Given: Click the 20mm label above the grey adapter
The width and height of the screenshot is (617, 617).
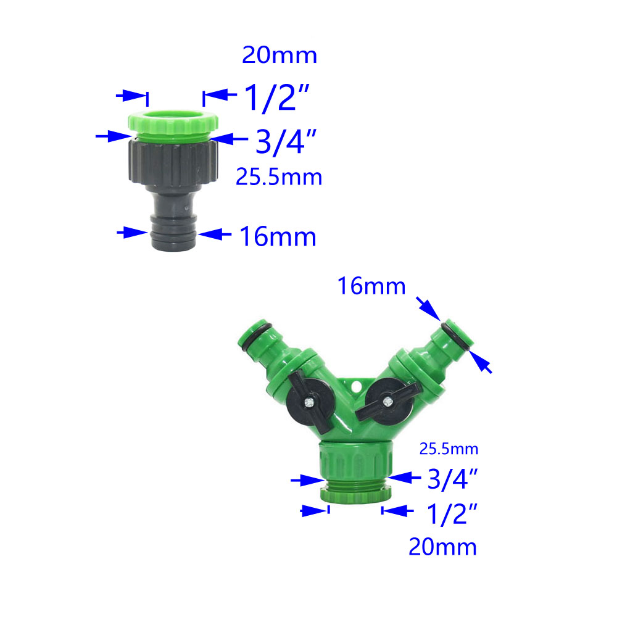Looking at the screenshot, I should (280, 56).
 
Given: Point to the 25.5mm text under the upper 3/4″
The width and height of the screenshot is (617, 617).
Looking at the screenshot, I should (279, 178).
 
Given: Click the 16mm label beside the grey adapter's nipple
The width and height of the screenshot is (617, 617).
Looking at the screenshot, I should (278, 237).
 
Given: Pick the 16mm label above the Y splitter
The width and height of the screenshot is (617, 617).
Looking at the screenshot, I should (371, 286).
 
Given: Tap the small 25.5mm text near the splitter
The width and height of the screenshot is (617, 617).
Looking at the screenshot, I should (449, 449).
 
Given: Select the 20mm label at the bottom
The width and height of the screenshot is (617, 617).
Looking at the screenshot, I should (442, 547).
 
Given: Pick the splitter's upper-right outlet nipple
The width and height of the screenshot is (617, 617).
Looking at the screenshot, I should (453, 336).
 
